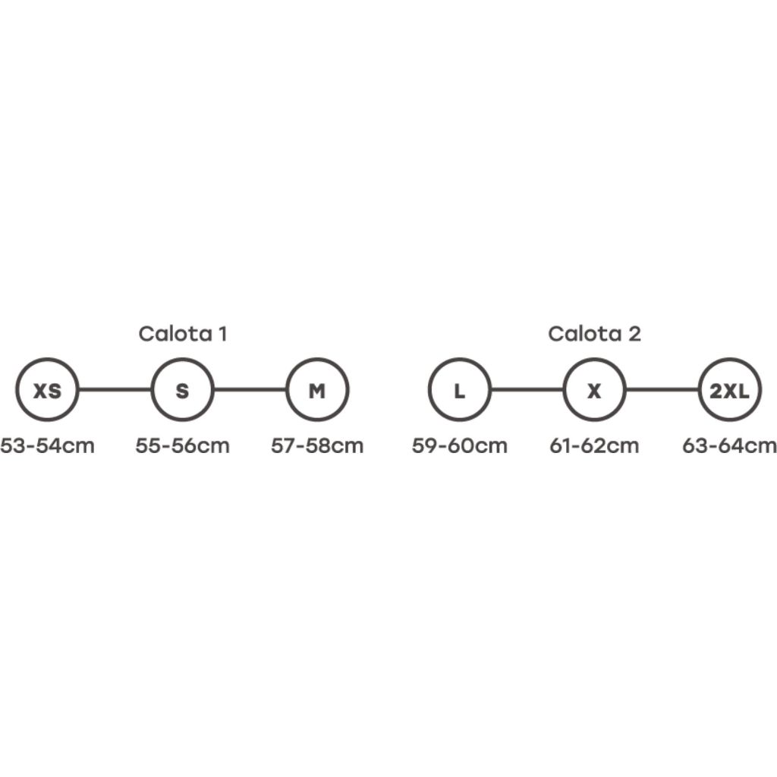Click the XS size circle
click(47, 391)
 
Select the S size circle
click(182, 391)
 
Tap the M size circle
click(317, 391)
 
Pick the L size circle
click(459, 391)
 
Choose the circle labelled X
click(594, 391)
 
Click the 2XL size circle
click(729, 391)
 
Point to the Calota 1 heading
click(182, 334)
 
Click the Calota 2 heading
click(594, 334)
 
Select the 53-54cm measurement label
click(47, 445)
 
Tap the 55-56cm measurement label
click(182, 445)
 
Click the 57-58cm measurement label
click(317, 445)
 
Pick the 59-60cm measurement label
click(459, 445)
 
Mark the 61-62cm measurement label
click(594, 445)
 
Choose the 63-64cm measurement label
click(729, 445)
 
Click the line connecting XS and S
click(115, 390)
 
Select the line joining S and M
click(250, 390)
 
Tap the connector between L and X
click(527, 390)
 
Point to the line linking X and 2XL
click(662, 390)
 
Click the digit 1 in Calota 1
click(222, 334)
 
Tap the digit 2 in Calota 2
click(635, 334)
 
